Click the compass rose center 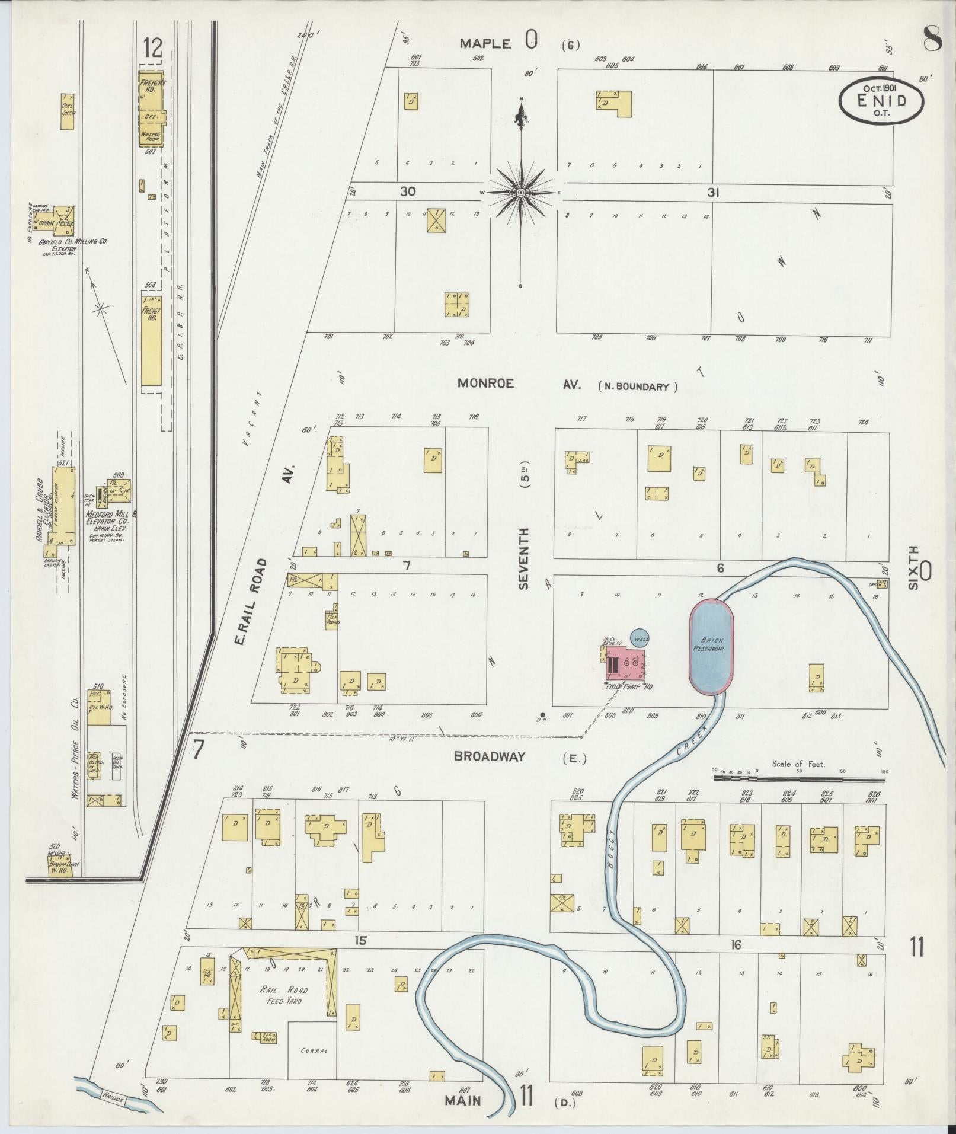point(520,193)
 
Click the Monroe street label point(485,384)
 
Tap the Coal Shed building point(68,111)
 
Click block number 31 point(712,193)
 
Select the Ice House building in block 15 point(207,976)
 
